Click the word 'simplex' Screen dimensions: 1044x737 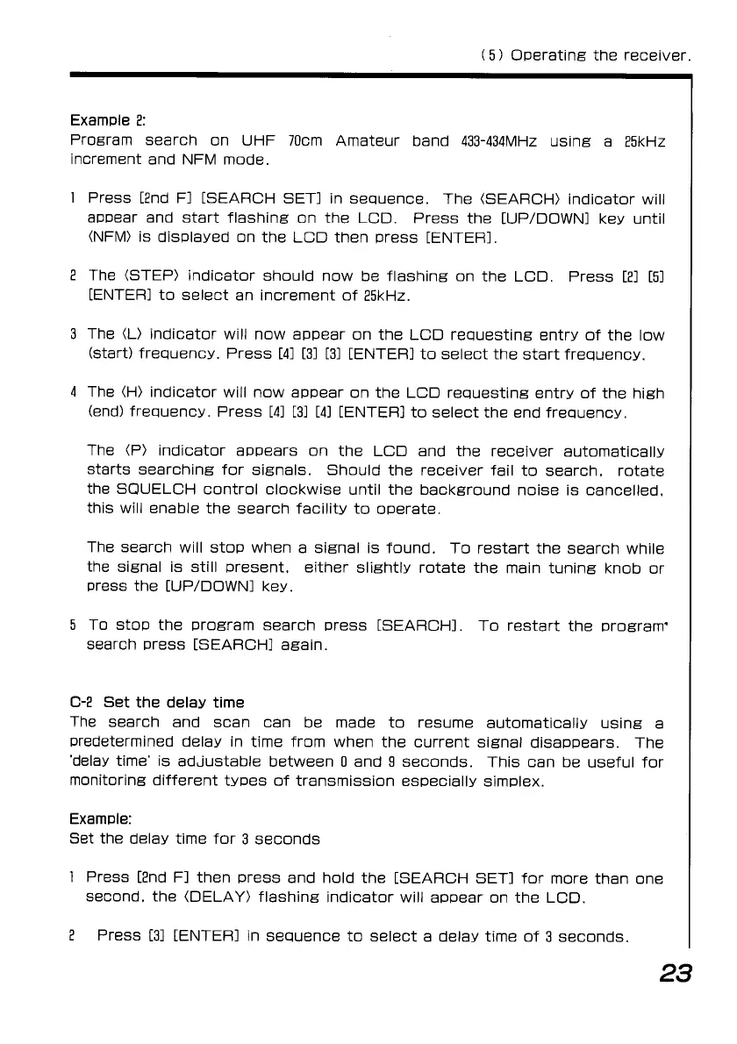[513, 780]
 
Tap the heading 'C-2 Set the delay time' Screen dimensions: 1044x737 [156, 703]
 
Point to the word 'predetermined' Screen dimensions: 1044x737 [124, 741]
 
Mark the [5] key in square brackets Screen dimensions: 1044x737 [657, 276]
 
